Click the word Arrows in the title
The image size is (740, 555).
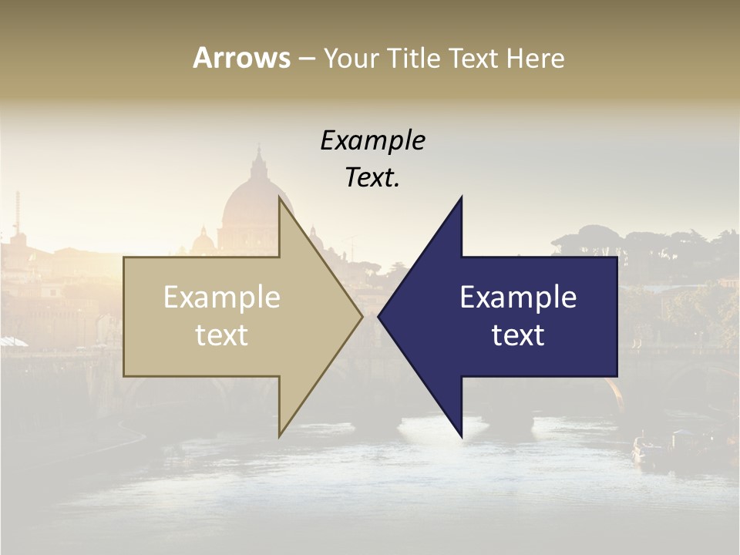pyautogui.click(x=241, y=58)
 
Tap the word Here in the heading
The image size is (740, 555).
pyautogui.click(x=536, y=58)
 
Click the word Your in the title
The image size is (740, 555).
pyautogui.click(x=351, y=58)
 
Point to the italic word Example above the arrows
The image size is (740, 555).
pyautogui.click(x=372, y=141)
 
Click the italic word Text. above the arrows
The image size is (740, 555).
pyautogui.click(x=372, y=178)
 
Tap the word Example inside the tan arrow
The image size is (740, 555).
pyautogui.click(x=221, y=298)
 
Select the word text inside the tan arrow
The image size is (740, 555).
pyautogui.click(x=221, y=335)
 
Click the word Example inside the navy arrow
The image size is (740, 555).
pyautogui.click(x=518, y=298)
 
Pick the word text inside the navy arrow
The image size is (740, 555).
pyautogui.click(x=518, y=335)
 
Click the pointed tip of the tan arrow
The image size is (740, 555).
pyautogui.click(x=362, y=316)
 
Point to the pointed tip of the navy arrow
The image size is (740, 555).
pyautogui.click(x=378, y=316)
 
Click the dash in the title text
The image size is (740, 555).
pyautogui.click(x=306, y=59)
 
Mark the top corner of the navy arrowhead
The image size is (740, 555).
pyautogui.click(x=462, y=197)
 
